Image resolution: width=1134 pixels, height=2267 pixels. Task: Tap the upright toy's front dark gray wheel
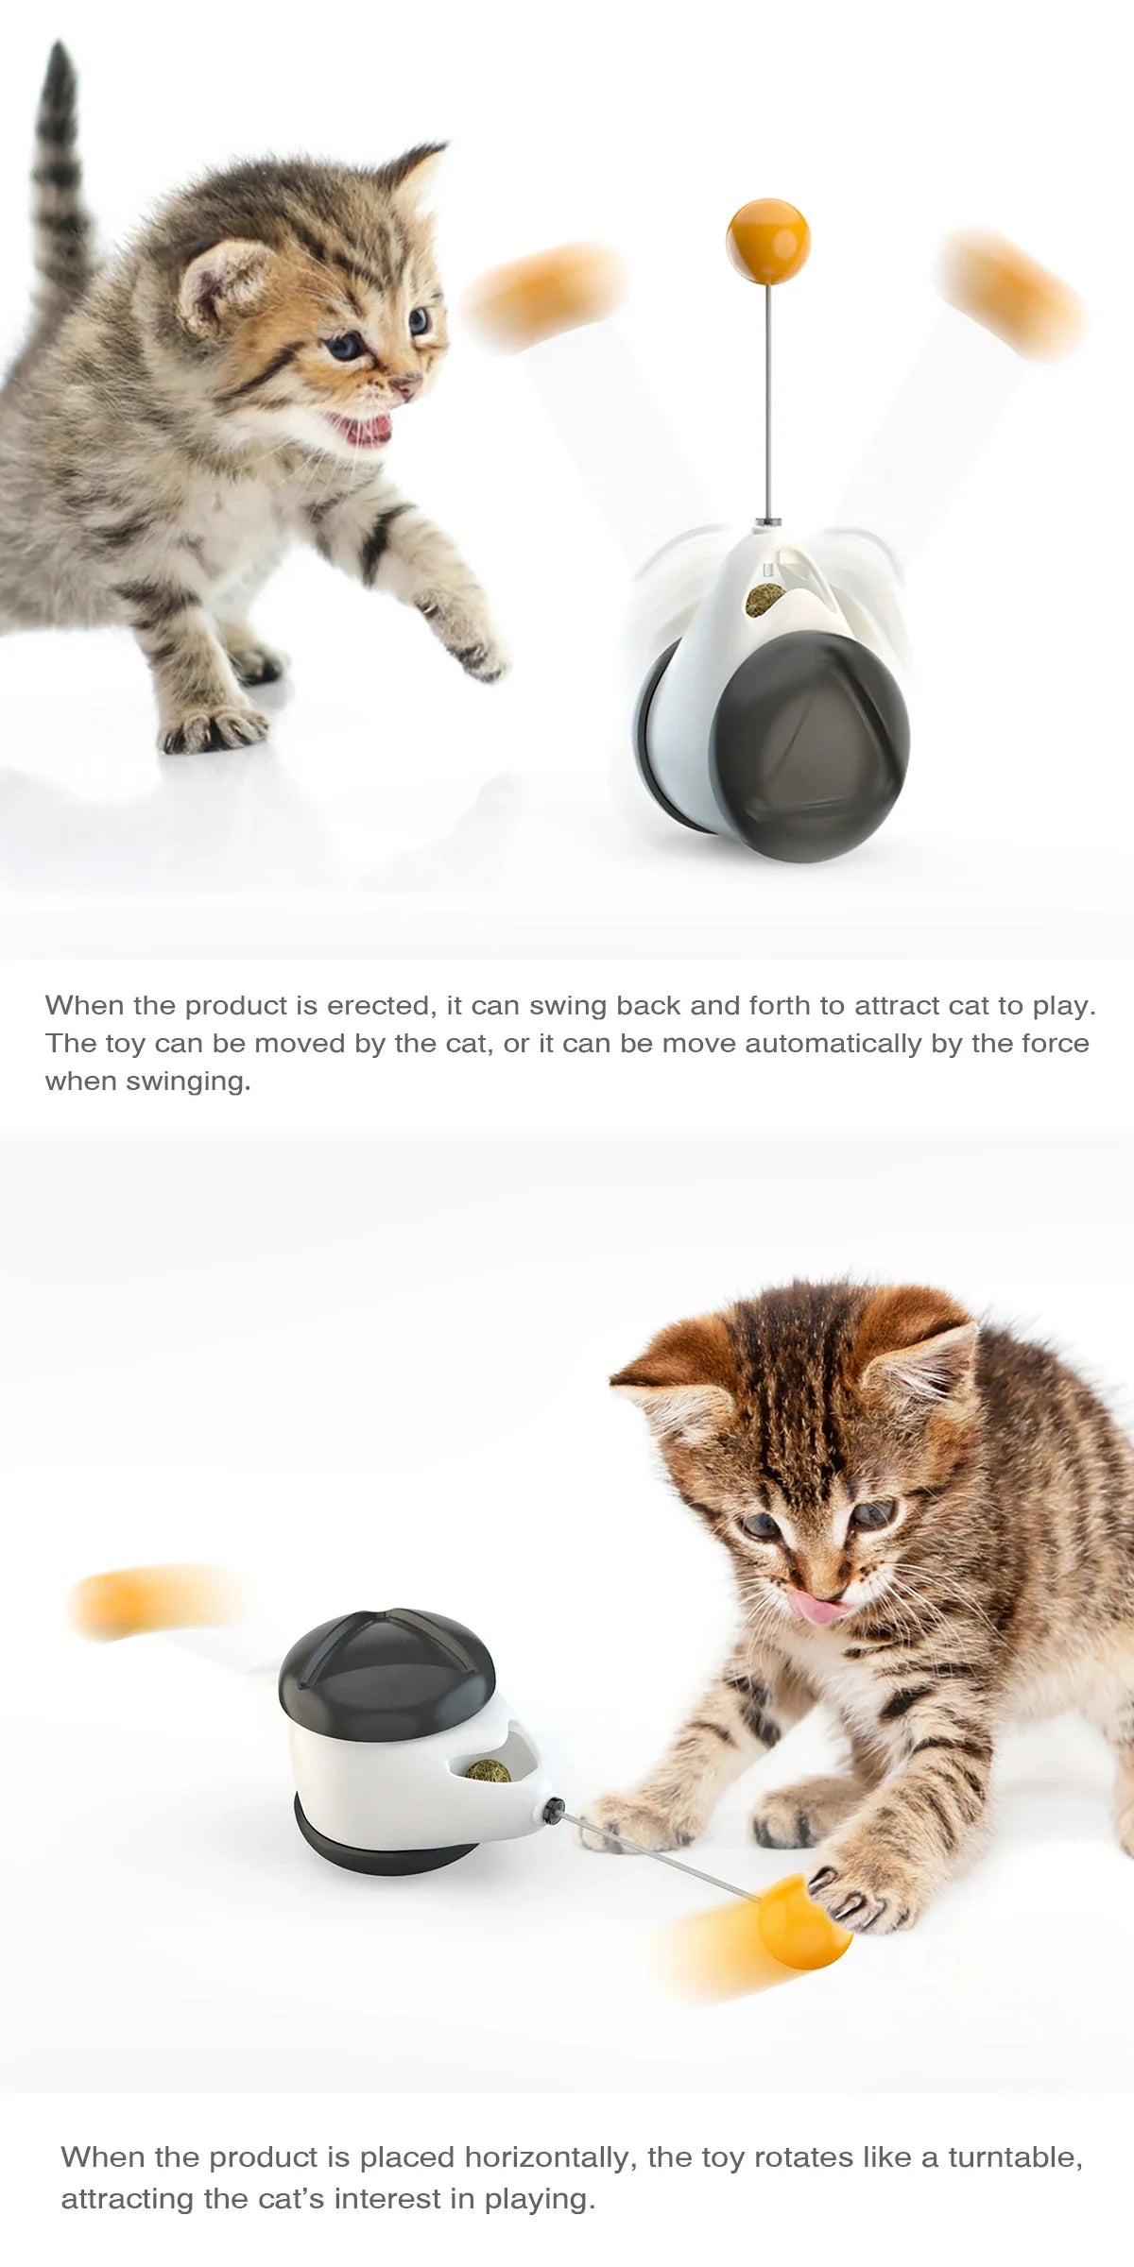coord(811,746)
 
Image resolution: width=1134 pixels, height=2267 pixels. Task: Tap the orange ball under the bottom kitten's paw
coord(803,1923)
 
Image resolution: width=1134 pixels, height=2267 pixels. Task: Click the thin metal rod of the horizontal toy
coord(661,1856)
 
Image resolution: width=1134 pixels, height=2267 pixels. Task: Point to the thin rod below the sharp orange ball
coord(770,397)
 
